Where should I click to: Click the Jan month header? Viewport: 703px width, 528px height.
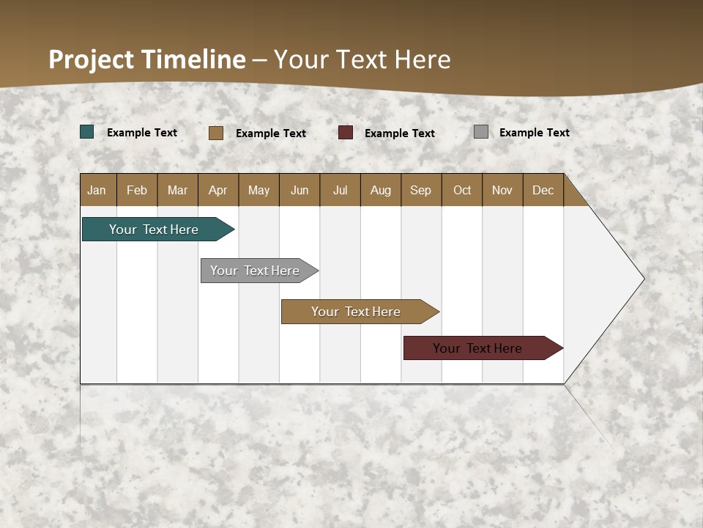point(97,190)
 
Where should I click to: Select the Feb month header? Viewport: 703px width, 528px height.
point(137,190)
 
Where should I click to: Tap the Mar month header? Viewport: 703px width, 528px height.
point(177,190)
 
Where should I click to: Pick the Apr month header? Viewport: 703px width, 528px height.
point(218,190)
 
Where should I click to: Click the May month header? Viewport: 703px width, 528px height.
point(258,190)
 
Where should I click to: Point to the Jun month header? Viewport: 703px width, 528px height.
point(300,190)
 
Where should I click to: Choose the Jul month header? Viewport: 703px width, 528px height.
point(340,190)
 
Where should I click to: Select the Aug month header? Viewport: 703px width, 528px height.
point(381,190)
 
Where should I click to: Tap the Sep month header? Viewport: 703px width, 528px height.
point(421,190)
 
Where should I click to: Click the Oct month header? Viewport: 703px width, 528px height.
point(462,190)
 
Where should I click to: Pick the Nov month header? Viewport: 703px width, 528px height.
point(502,190)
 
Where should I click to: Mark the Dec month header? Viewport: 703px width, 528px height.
point(543,190)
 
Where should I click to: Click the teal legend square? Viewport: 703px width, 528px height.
point(87,132)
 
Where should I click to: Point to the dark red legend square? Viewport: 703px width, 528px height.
point(346,133)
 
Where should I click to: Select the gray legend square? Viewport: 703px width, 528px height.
point(481,132)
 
